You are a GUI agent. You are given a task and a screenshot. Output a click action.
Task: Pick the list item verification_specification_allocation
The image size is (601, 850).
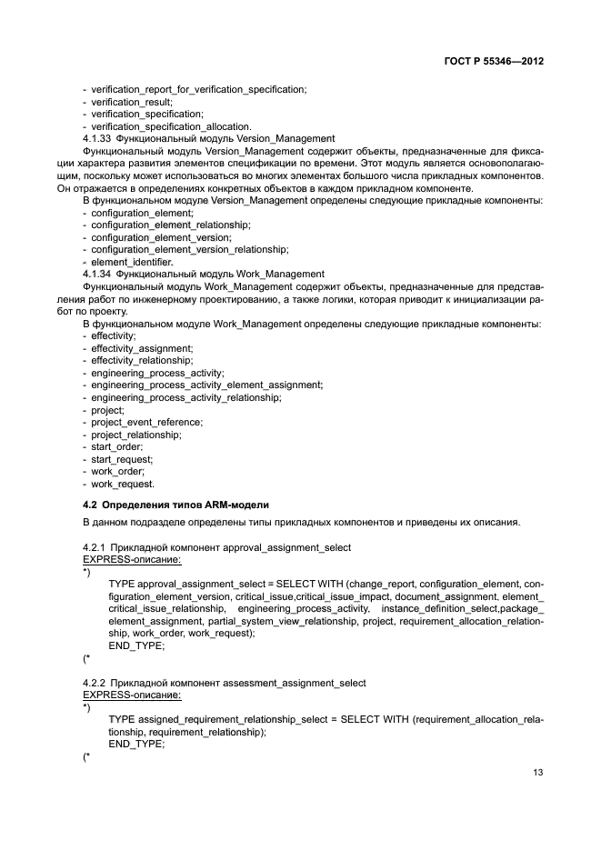(x=171, y=125)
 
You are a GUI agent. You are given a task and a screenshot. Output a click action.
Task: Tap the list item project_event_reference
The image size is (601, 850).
(x=146, y=422)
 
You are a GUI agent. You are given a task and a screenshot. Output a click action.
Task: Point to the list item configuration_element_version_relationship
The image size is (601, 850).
(x=189, y=248)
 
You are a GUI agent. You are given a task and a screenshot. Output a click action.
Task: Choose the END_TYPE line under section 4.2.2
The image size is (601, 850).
(x=136, y=743)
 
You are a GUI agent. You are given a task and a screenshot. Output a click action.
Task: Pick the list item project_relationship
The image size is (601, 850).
(x=135, y=435)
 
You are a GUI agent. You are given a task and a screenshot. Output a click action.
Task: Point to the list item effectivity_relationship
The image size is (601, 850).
(x=142, y=360)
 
